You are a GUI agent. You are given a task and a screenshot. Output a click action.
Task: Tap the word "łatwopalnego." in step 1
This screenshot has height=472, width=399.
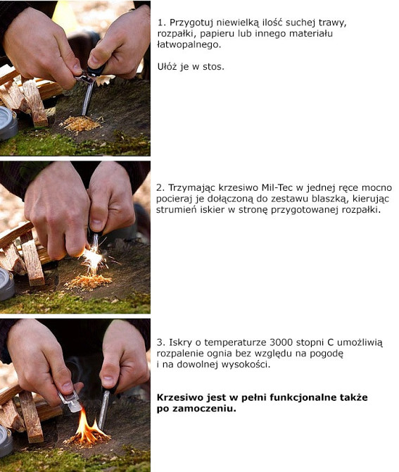pos(189,45)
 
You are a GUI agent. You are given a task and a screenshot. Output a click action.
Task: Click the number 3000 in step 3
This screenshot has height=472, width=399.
pos(281,342)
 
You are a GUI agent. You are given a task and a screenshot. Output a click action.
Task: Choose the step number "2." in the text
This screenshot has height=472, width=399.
pos(160,187)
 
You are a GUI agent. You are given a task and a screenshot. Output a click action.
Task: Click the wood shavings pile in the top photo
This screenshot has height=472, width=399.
pos(81,123)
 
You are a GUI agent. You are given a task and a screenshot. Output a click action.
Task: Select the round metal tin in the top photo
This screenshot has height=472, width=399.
pos(8,123)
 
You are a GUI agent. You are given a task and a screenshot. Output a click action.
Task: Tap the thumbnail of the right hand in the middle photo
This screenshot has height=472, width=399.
pos(97,224)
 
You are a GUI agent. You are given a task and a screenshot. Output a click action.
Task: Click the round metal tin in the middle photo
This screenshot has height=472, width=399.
pos(6,284)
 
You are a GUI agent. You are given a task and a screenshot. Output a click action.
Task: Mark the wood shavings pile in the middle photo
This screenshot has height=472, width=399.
pos(89,282)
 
